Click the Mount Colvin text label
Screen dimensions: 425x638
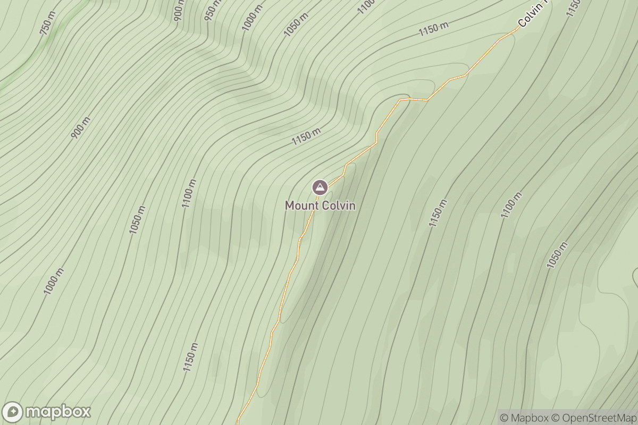tap(320, 205)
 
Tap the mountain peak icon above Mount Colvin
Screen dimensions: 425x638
tap(320, 187)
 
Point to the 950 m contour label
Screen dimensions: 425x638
tap(212, 7)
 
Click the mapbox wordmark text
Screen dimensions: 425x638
tap(58, 412)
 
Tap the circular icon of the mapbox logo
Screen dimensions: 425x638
tap(13, 412)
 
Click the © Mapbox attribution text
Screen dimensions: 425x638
tap(524, 418)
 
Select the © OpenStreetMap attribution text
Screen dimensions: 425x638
tap(593, 418)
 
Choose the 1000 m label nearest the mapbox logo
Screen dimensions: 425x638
tap(54, 282)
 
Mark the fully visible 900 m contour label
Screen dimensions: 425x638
tap(80, 127)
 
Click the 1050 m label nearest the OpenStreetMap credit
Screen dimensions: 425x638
tap(557, 255)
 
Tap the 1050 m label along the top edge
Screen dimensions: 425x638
tap(296, 24)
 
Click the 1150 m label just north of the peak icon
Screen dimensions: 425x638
tap(307, 137)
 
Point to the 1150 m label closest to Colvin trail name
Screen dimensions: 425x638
tap(433, 29)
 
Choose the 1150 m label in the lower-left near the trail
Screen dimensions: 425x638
tap(190, 357)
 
